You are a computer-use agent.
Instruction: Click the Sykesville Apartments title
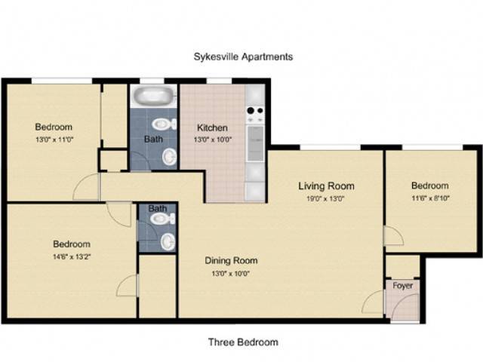[243, 57]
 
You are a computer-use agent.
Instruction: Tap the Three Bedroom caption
[243, 342]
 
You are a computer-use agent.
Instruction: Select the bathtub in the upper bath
[154, 95]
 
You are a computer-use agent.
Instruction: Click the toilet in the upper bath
[165, 124]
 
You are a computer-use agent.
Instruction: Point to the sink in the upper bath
[169, 157]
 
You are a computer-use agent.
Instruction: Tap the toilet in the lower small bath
[163, 219]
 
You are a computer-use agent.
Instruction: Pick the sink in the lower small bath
[168, 241]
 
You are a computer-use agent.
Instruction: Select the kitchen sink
[256, 143]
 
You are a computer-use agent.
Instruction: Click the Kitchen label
[212, 127]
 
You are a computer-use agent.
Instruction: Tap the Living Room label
[326, 186]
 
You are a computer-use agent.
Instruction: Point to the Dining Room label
[231, 261]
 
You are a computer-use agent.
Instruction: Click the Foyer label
[402, 286]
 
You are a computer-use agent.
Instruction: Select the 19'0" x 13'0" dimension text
[325, 199]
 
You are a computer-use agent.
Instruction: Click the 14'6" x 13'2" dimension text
[72, 256]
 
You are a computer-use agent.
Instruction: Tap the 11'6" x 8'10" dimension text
[430, 198]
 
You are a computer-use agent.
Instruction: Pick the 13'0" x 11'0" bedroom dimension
[54, 140]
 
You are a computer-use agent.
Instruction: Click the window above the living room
[330, 147]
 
